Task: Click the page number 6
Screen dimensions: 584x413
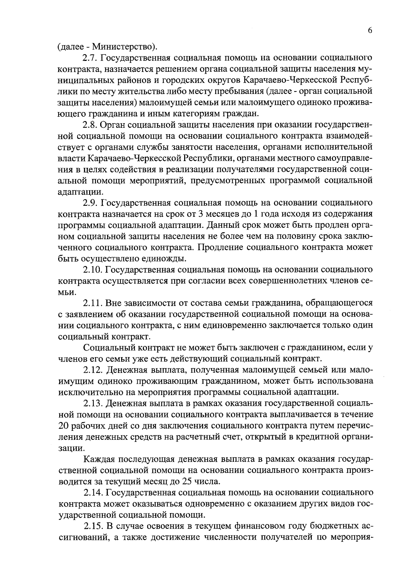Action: point(370,31)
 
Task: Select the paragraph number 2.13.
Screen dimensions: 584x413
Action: point(93,403)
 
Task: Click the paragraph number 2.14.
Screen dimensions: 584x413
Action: point(93,493)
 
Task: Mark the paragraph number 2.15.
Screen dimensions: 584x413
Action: point(93,527)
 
